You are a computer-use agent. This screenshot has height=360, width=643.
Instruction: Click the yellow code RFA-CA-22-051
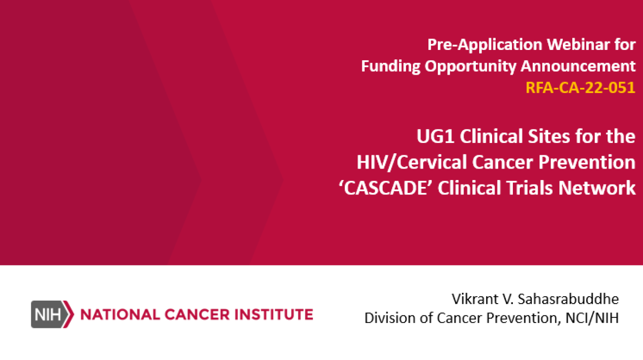coord(580,88)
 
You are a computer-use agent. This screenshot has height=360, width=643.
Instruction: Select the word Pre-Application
coord(485,45)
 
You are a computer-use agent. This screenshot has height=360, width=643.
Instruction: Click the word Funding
coord(391,67)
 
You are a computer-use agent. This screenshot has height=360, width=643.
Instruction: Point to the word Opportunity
coord(470,67)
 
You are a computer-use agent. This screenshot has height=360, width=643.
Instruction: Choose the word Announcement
coord(578,66)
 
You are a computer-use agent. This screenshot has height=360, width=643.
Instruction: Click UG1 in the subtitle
coord(435,136)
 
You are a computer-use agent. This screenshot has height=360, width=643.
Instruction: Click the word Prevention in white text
coord(587,162)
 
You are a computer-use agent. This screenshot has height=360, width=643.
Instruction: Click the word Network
coord(597,188)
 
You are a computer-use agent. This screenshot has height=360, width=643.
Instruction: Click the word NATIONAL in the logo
coord(120,315)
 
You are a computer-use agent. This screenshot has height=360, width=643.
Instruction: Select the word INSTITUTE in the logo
coord(274,315)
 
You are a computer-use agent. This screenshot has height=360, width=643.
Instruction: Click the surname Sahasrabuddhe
coord(568,299)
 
